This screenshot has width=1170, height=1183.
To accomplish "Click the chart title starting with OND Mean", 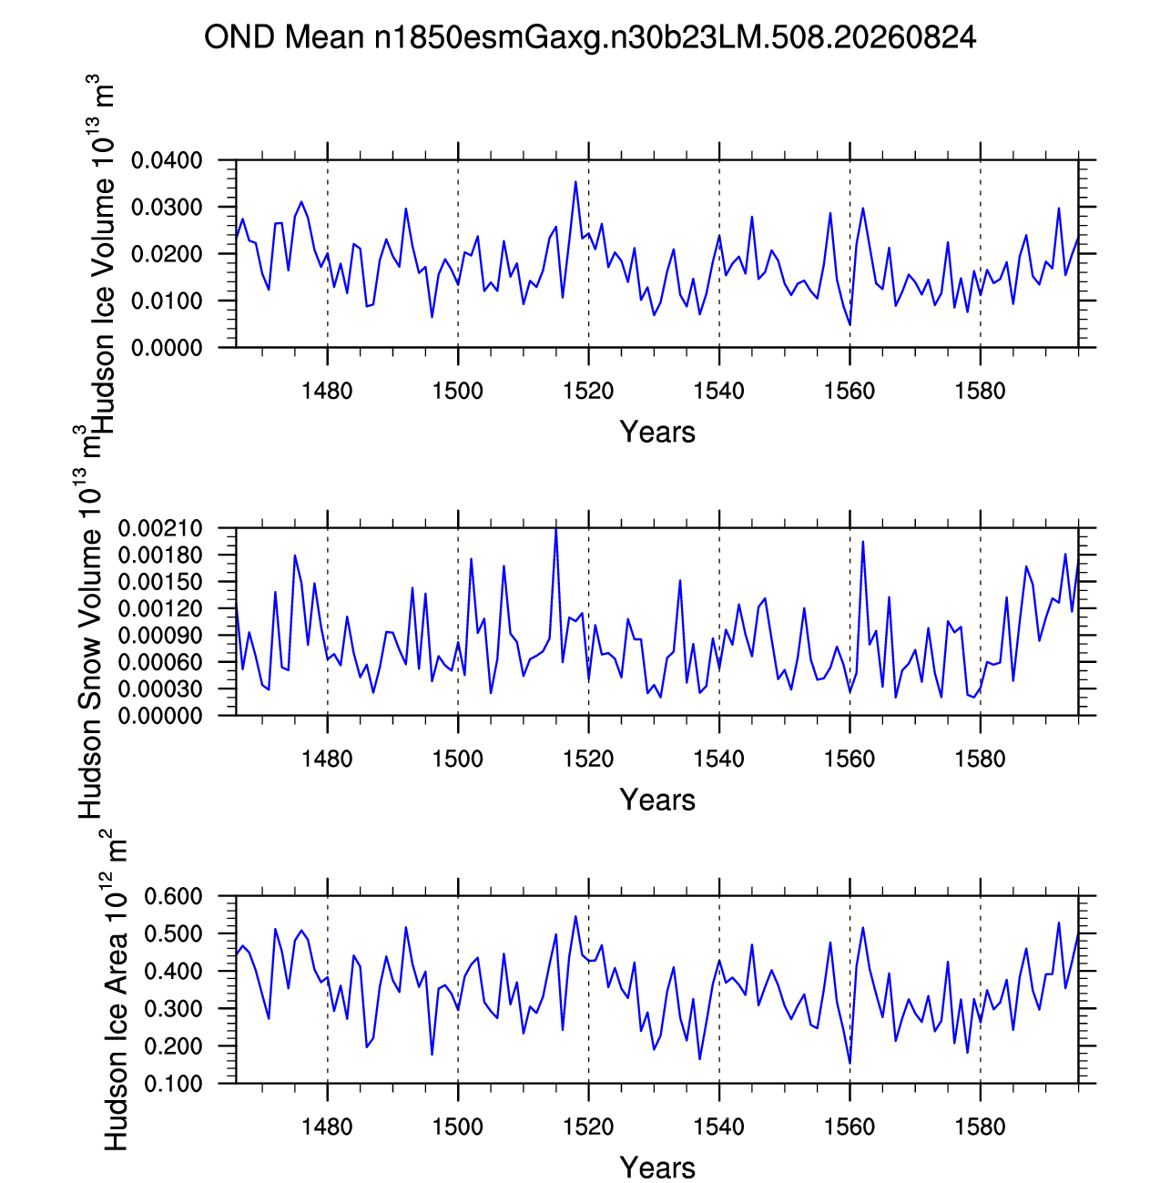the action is tap(589, 37).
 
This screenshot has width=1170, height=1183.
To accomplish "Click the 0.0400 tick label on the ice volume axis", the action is tap(167, 160).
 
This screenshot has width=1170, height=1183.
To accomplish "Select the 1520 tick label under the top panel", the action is tap(588, 391).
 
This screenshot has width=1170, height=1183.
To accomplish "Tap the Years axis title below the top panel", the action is tap(656, 432).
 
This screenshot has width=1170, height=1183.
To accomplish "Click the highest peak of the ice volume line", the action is tap(575, 182).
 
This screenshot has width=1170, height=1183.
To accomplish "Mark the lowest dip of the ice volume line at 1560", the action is tap(850, 324).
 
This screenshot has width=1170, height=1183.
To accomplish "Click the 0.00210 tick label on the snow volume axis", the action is tap(159, 528).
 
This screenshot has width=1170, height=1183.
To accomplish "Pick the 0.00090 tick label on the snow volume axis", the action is tap(159, 636).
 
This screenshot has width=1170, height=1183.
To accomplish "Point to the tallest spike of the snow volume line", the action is tap(555, 528).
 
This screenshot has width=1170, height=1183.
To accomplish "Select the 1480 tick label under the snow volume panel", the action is tap(327, 759).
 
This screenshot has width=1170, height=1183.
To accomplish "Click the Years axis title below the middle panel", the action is tap(656, 800).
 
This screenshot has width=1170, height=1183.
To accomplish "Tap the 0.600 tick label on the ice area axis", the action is tap(173, 896).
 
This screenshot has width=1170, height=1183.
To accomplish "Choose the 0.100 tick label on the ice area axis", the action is tap(173, 1084).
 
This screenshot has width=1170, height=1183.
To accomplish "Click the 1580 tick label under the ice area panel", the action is tap(980, 1127).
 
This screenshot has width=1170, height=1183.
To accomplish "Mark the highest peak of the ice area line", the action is tap(575, 916).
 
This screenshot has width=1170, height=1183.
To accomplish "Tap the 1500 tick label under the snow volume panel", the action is tap(457, 759).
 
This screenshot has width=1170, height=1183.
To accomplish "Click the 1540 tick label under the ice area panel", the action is tap(718, 1127).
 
